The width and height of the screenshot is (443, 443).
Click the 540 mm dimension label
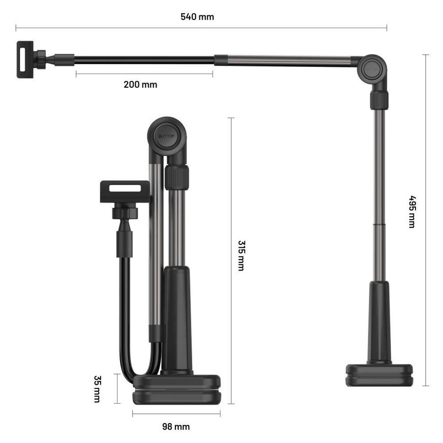point(197,17)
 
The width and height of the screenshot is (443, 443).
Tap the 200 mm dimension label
point(140,85)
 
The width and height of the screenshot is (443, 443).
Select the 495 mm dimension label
point(412,212)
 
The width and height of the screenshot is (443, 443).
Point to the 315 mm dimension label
point(241,256)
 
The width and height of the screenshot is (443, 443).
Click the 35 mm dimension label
point(97,389)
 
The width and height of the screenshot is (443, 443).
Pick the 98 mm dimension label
point(176,427)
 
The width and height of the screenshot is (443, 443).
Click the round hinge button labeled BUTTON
point(167,136)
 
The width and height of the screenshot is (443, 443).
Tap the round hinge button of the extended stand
point(373,69)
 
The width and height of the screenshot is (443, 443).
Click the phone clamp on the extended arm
point(25,60)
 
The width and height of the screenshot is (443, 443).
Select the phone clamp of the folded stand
point(125,192)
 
